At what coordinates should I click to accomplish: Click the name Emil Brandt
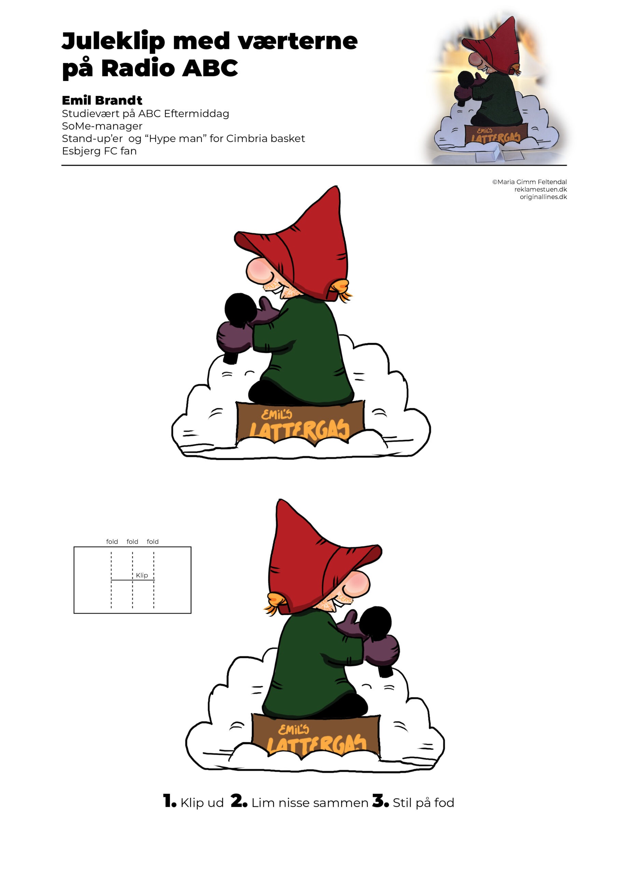point(102,100)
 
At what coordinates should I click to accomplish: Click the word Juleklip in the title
point(113,42)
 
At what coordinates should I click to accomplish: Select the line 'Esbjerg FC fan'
point(99,151)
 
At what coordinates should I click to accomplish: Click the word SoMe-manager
point(102,126)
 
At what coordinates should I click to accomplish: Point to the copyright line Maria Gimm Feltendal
point(529,182)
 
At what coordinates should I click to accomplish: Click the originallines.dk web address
point(543,197)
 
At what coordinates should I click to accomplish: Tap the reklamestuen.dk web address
point(541,189)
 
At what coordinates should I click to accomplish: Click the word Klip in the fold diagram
point(142,575)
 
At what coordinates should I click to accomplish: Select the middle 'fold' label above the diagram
point(132,541)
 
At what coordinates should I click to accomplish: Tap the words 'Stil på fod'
point(423,803)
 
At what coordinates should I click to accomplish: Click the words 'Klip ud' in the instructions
point(202,803)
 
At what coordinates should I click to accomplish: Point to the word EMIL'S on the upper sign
point(277,414)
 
